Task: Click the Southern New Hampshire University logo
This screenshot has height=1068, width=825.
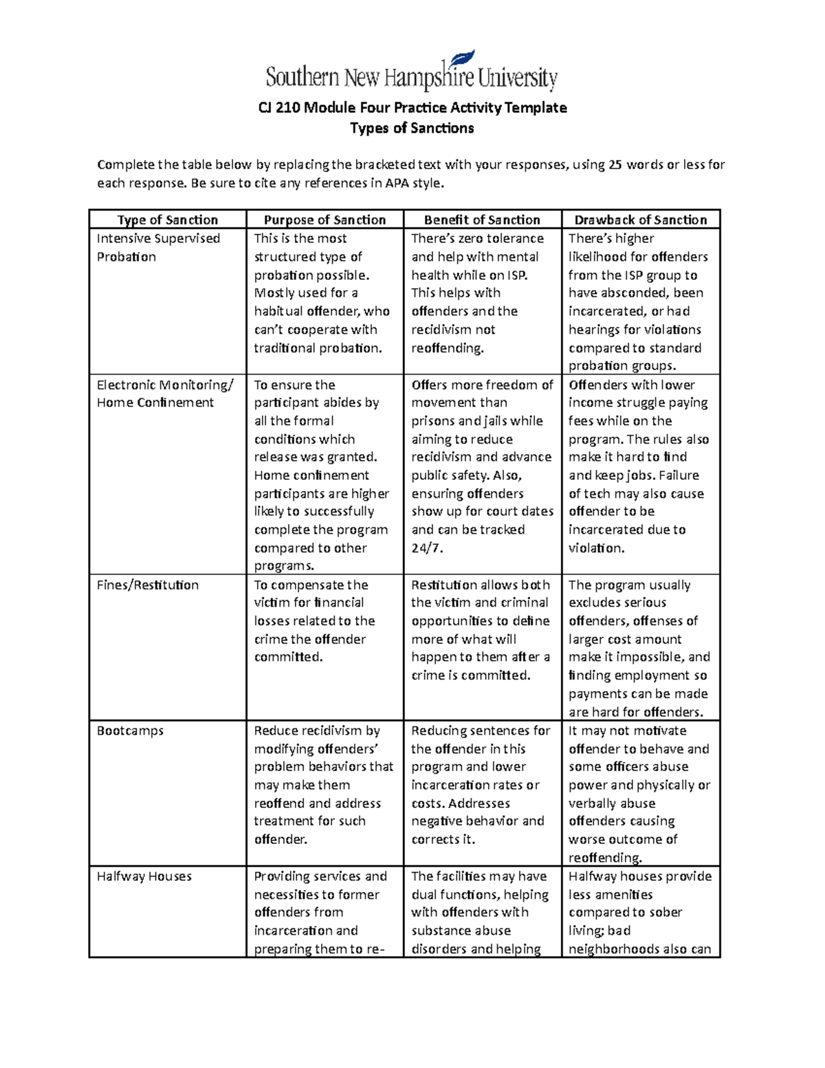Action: pos(411,74)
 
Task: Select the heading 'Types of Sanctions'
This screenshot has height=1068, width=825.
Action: pos(412,129)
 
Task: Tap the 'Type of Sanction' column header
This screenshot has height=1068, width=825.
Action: pos(167,220)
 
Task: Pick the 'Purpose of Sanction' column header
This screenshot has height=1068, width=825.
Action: pos(324,220)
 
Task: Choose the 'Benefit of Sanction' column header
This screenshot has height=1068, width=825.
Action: pos(482,220)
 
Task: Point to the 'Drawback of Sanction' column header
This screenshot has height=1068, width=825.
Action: pos(641,220)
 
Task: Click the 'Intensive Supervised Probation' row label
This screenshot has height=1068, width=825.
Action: pos(158,248)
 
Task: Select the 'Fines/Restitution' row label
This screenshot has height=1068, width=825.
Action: pos(148,585)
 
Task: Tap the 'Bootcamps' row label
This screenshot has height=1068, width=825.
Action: pos(130,731)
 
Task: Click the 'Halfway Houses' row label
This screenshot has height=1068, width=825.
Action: pos(144,877)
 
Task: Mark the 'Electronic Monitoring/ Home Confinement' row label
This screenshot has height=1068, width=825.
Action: pos(165,394)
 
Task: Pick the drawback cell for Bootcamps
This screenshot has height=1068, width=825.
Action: pos(639,794)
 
